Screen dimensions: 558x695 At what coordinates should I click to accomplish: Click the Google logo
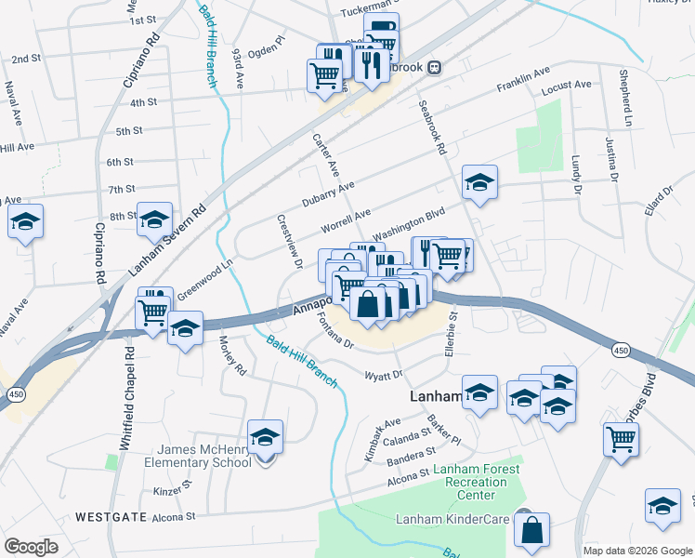pos(31,547)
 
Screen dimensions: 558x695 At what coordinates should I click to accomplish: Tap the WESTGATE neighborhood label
pos(110,516)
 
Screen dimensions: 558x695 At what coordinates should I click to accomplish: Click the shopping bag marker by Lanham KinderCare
pos(532,531)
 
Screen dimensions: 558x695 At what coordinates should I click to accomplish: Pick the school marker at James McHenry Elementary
pos(265,437)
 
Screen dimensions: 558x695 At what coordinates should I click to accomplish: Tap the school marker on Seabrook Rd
pos(479,183)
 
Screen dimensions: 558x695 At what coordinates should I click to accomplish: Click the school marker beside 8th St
pos(154,220)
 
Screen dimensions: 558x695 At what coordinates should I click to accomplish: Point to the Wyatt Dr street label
pos(383,375)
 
